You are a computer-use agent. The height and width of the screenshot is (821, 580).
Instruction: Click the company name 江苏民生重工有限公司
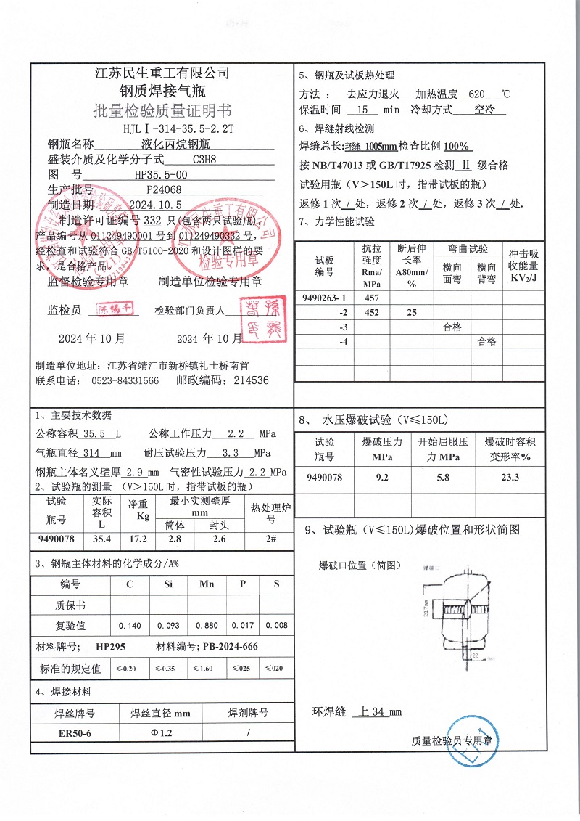162,73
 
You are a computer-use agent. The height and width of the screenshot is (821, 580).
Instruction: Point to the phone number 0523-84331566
125,380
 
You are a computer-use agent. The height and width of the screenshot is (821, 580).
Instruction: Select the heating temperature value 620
476,94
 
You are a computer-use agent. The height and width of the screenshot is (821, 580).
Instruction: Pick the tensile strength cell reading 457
371,298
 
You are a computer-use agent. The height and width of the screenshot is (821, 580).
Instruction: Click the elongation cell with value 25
412,312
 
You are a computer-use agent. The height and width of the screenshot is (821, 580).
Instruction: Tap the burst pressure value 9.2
382,477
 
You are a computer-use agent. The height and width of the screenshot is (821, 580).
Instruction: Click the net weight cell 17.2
138,539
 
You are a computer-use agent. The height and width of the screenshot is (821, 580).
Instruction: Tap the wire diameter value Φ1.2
161,733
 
